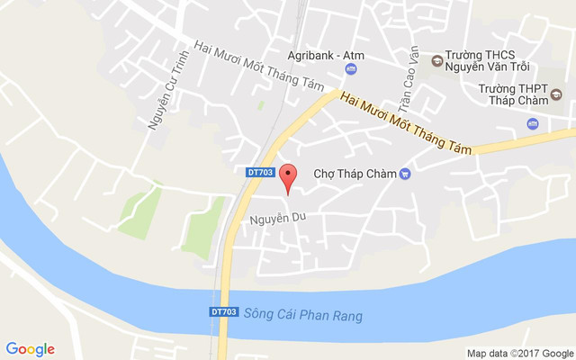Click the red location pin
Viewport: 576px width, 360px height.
(x=288, y=176)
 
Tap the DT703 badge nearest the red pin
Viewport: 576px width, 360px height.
(x=259, y=171)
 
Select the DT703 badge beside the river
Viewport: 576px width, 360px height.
(x=224, y=312)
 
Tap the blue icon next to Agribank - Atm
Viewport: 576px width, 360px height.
(x=351, y=69)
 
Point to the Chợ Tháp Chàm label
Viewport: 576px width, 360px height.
(x=355, y=174)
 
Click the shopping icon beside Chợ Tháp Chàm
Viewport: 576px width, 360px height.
(x=405, y=174)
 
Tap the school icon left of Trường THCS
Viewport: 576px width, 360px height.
(x=436, y=61)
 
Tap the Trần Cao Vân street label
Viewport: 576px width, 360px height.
(x=409, y=73)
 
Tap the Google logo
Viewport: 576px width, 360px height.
(x=30, y=349)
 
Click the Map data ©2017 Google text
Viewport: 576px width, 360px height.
(x=519, y=353)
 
